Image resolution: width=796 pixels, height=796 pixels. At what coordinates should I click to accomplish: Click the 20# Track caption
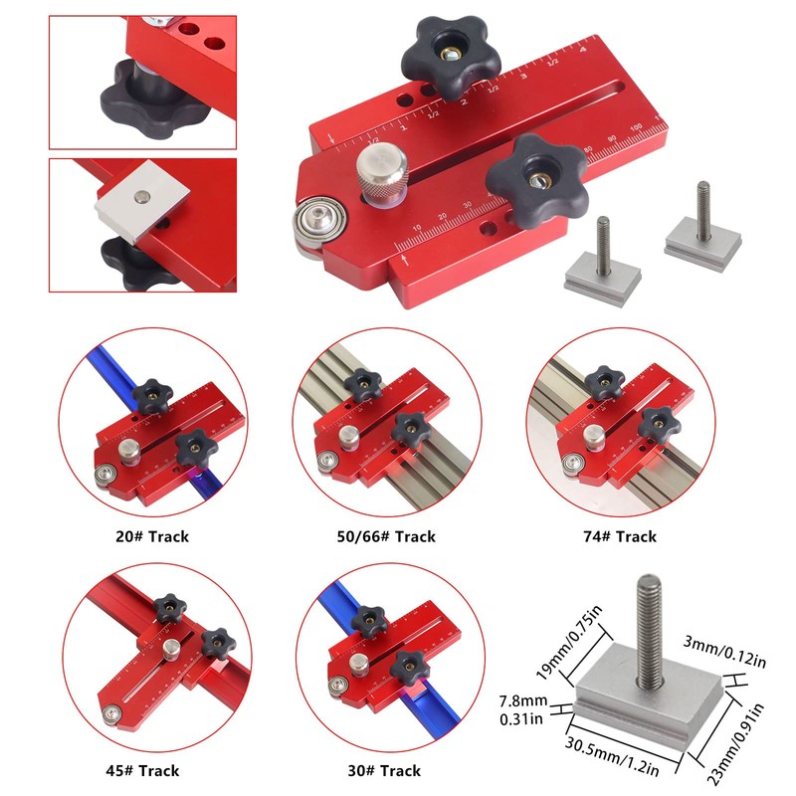coord(151,536)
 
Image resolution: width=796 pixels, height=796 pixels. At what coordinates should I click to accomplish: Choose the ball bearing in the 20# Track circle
coord(102,476)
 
